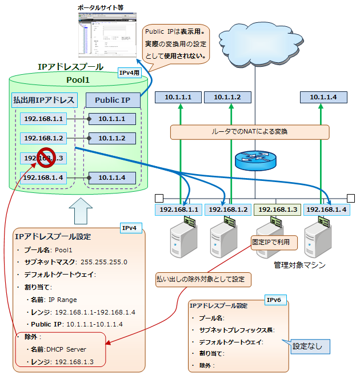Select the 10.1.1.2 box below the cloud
227,97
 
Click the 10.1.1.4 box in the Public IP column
111,177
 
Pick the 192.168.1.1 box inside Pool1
44,119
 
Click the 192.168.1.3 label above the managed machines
276,209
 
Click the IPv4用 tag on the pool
129,73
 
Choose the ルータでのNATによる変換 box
250,132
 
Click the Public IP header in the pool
113,100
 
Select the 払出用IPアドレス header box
44,100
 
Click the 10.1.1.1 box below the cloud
178,97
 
